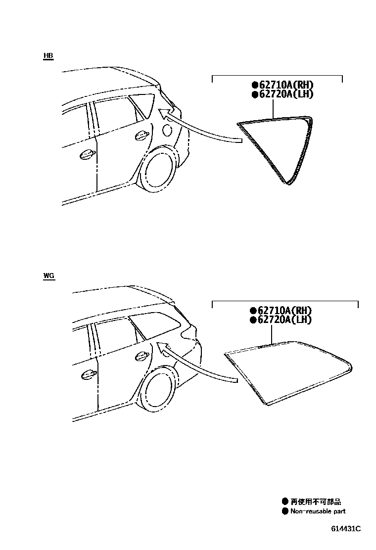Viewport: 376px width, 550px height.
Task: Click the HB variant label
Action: [x=48, y=56]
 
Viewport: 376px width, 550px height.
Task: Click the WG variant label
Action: [x=48, y=275]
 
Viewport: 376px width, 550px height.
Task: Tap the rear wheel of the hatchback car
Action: [x=157, y=173]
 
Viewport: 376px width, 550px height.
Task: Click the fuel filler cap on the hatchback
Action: [x=168, y=130]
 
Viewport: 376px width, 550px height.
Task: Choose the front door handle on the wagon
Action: [x=89, y=374]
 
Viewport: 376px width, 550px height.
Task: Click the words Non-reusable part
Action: [x=317, y=511]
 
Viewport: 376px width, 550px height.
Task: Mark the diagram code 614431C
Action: [x=346, y=529]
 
